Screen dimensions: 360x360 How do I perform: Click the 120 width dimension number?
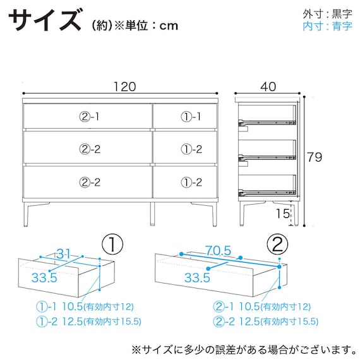(125, 87)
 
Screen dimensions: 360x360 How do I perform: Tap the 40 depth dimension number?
(268, 87)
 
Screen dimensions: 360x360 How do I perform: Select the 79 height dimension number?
(315, 157)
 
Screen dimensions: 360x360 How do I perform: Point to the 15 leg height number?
(282, 213)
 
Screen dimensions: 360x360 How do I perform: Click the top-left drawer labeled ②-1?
(88, 116)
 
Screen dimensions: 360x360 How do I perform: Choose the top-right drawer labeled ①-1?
(185, 116)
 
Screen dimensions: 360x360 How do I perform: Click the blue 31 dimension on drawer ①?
(63, 254)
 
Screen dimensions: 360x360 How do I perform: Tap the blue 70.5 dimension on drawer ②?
(219, 250)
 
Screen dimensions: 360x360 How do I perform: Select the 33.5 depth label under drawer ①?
(44, 277)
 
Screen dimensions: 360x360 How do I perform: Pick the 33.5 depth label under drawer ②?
(197, 277)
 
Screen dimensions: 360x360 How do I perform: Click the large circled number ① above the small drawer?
(112, 244)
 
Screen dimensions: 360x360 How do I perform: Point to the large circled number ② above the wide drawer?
(277, 244)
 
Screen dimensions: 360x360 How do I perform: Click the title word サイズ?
(45, 20)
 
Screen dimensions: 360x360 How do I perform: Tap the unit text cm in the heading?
(169, 26)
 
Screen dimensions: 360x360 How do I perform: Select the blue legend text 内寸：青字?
(327, 26)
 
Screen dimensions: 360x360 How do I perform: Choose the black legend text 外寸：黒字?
(327, 15)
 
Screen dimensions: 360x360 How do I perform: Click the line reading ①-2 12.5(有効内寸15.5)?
(88, 321)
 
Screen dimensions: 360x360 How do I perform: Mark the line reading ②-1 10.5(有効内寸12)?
(261, 307)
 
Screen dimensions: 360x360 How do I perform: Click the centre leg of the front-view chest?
(152, 214)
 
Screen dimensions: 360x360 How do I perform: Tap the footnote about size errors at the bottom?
(244, 350)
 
